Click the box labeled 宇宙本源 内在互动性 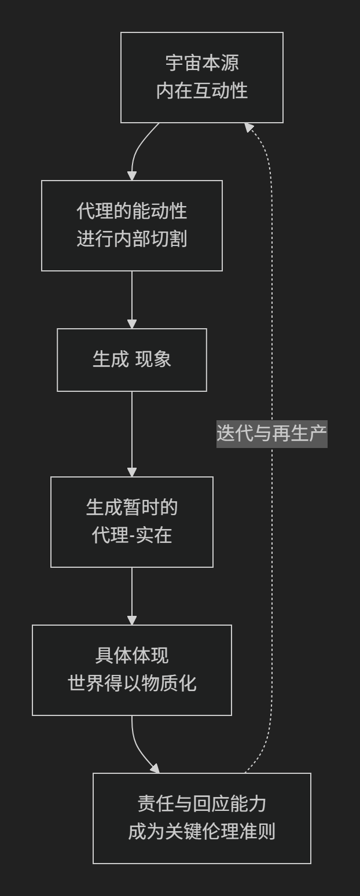coord(201,78)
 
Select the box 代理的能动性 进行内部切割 coord(132,225)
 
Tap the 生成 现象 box coord(132,360)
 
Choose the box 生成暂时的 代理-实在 coord(132,522)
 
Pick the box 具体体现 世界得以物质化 coord(132,670)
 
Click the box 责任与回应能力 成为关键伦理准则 coord(201,818)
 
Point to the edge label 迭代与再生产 coord(272,434)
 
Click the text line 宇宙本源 coord(201,63)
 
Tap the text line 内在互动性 coord(201,91)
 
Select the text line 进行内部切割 coord(132,240)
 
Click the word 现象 coord(153,360)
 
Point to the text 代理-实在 coord(132,536)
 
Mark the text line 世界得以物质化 coord(132,684)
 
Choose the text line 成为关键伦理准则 coord(201,832)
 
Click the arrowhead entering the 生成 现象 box coord(132,324)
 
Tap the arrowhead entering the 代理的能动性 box coord(132,175)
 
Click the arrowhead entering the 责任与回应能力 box coord(155,768)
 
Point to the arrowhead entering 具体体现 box coord(132,620)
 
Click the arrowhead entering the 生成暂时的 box coord(132,472)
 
